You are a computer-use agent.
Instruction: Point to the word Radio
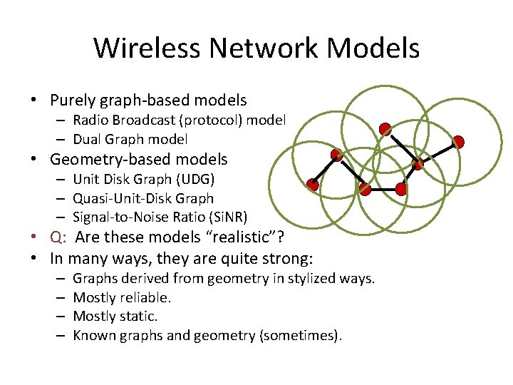(90, 120)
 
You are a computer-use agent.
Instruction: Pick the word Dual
(88, 140)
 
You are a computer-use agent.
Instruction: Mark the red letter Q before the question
(56, 237)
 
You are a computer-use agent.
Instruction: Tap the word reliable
(146, 297)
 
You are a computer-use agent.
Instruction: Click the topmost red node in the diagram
(385, 129)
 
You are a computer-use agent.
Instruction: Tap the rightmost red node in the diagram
(460, 142)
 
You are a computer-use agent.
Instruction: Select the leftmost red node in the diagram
(312, 185)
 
